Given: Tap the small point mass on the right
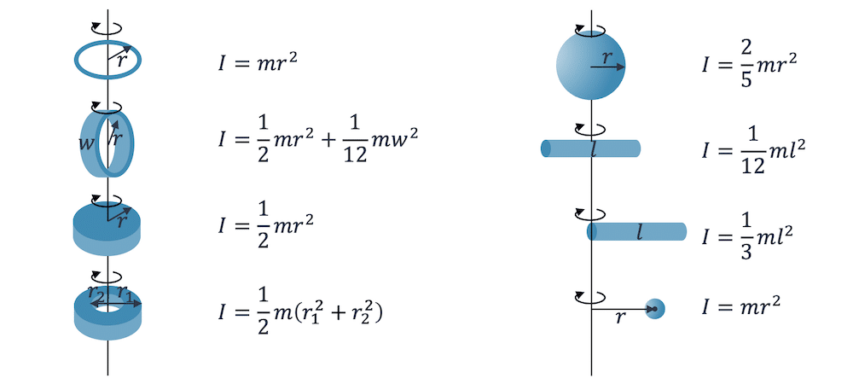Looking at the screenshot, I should (654, 308).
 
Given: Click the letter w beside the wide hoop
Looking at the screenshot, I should (86, 143).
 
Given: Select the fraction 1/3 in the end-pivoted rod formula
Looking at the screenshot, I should (742, 235).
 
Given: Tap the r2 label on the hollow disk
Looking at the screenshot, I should (96, 293).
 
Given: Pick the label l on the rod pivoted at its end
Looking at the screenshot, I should (639, 231).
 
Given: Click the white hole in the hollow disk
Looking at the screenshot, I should (107, 303).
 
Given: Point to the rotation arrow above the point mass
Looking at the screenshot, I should (590, 296).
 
